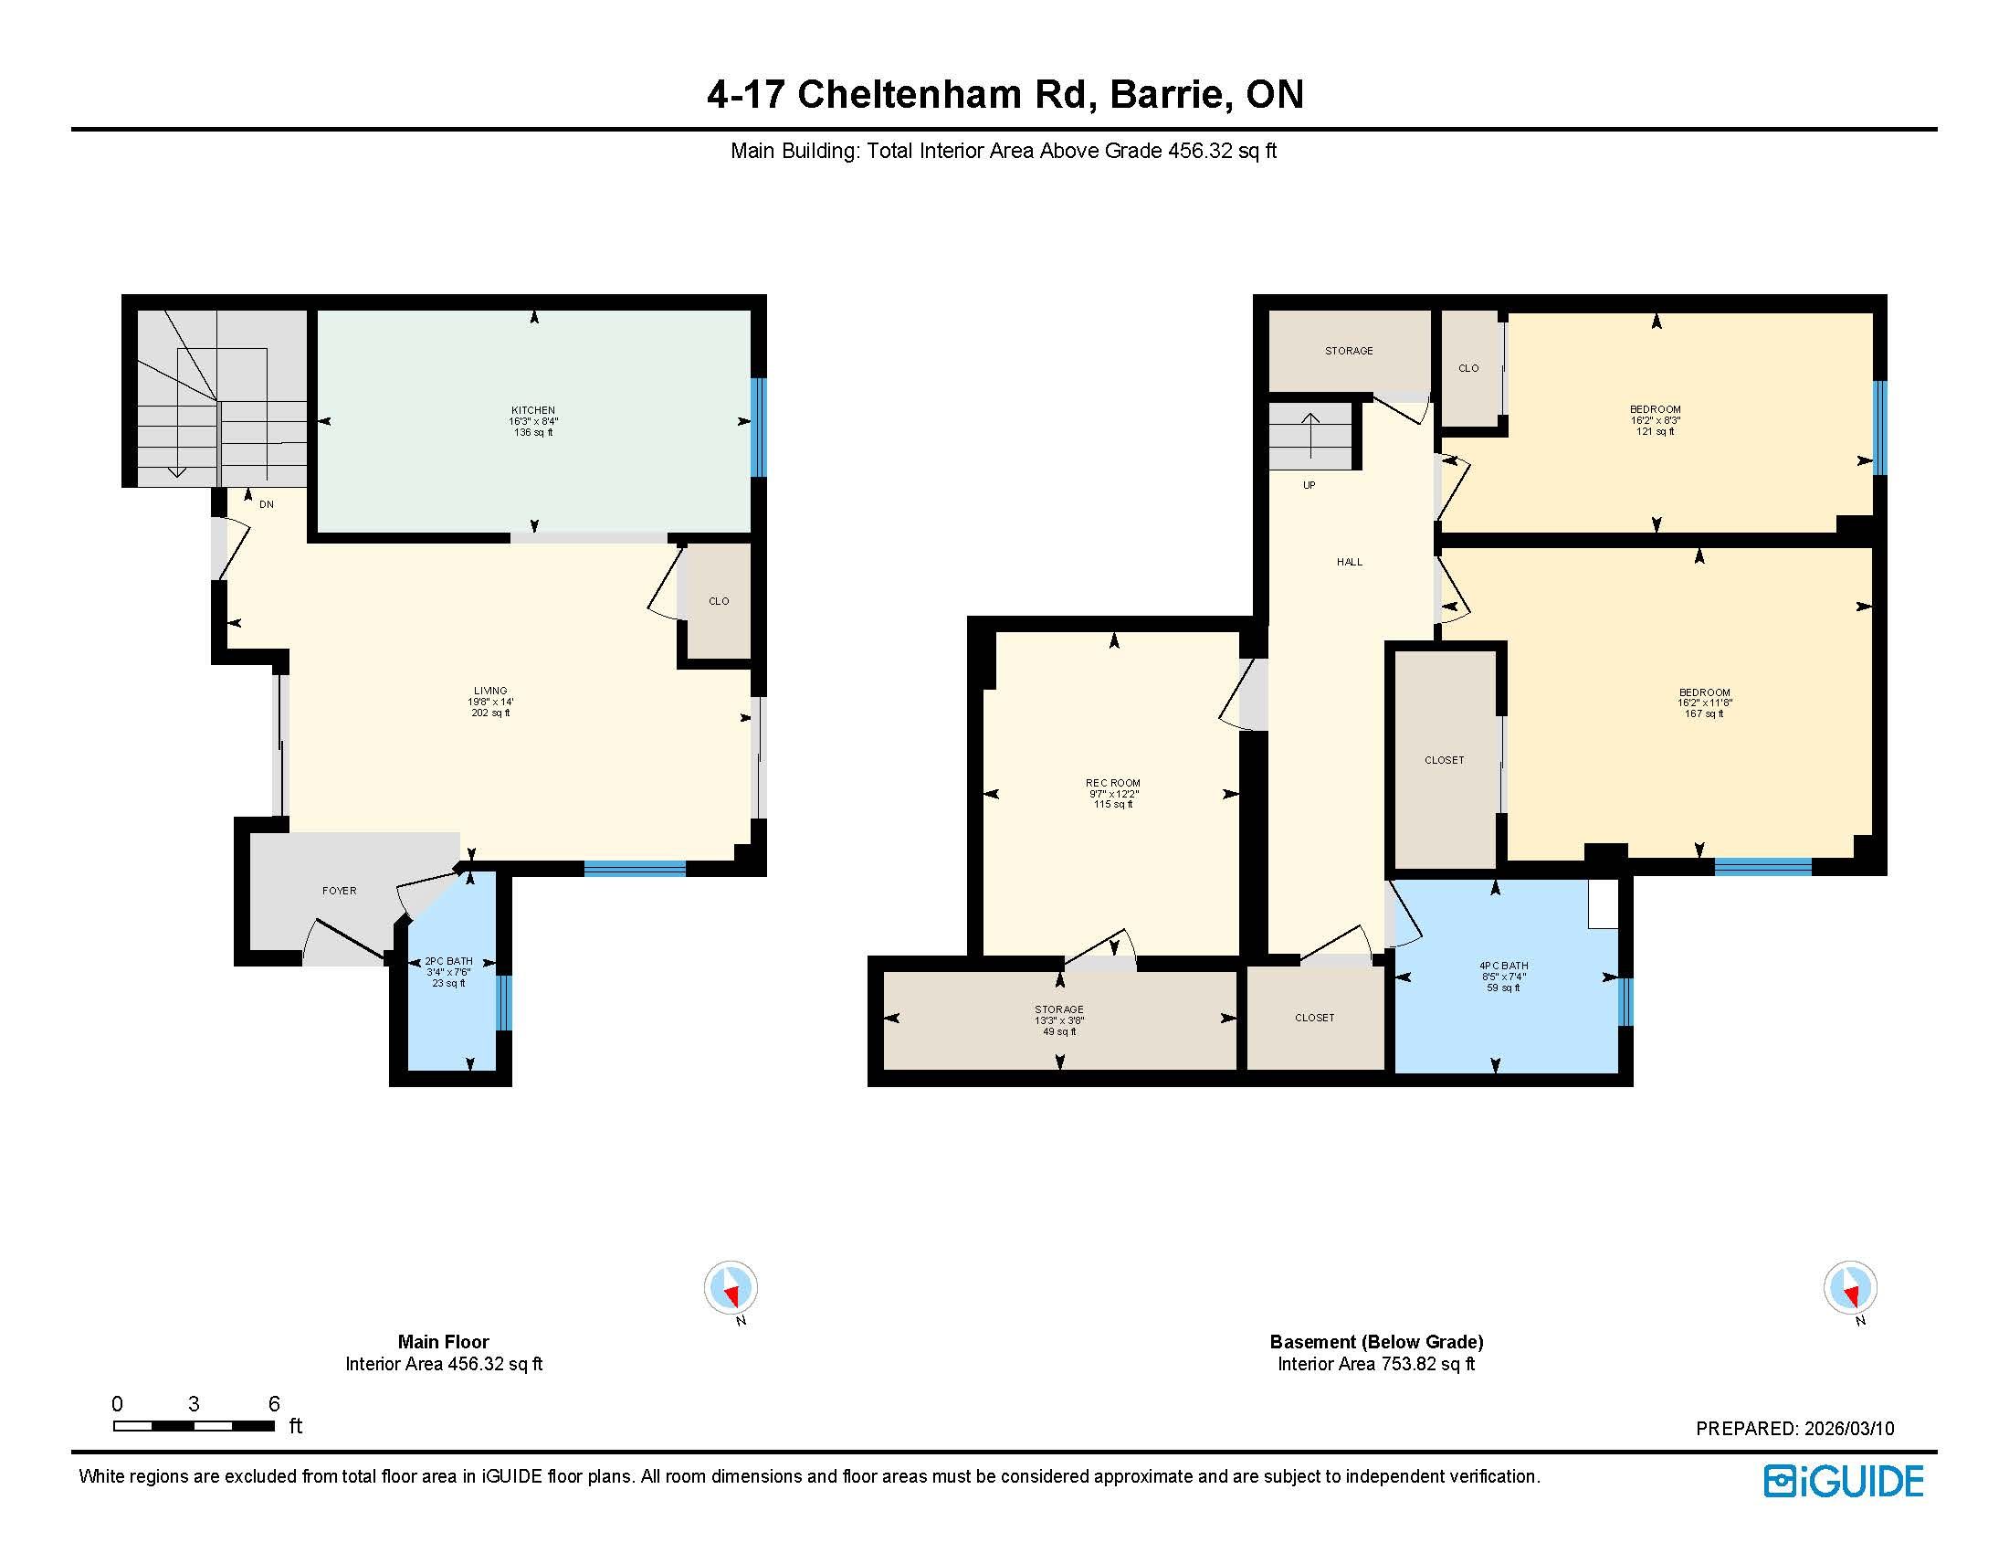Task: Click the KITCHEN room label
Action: [x=533, y=410]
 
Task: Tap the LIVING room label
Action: [x=490, y=691]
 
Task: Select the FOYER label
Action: [x=340, y=891]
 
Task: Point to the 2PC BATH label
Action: [x=448, y=961]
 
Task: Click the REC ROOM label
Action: [x=1113, y=783]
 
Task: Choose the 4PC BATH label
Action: [x=1504, y=966]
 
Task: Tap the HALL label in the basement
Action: [x=1350, y=562]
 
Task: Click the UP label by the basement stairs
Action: [x=1309, y=485]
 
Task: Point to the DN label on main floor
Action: [x=267, y=504]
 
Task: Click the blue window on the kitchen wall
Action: [x=758, y=428]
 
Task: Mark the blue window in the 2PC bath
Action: [x=503, y=1002]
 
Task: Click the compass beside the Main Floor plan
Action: [x=731, y=1287]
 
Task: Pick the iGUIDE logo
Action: [x=1844, y=1481]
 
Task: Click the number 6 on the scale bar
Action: [x=274, y=1404]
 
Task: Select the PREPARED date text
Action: [x=1794, y=1429]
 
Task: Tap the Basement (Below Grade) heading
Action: [x=1376, y=1341]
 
